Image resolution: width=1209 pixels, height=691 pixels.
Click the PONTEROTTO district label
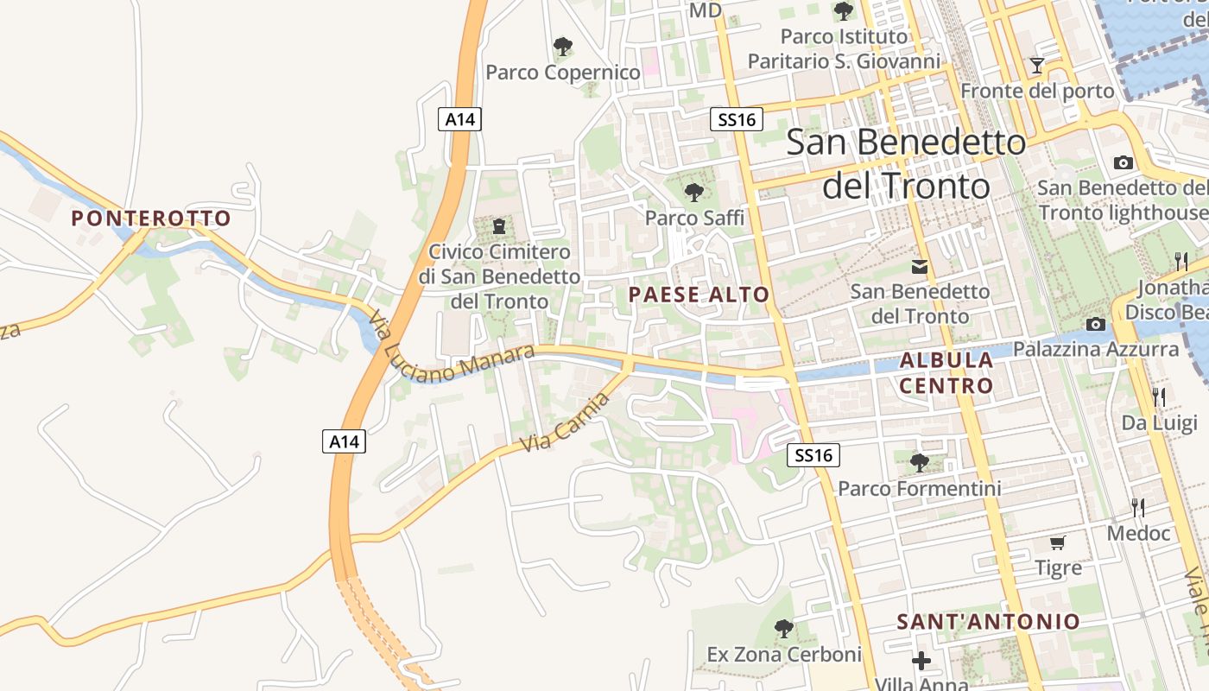click(151, 219)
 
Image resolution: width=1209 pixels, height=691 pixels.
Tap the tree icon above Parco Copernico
click(563, 45)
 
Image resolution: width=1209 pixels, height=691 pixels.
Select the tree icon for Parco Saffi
click(693, 192)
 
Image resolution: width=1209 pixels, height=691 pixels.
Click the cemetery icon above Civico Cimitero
click(498, 227)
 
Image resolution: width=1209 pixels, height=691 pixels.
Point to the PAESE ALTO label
click(699, 295)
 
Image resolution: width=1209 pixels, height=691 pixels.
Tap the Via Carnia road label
click(566, 422)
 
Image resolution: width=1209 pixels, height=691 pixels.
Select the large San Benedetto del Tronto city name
click(906, 164)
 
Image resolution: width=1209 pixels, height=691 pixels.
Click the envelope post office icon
click(920, 267)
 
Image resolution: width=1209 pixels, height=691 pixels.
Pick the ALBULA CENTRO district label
click(946, 372)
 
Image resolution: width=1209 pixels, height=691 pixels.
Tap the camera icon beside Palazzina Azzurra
click(1096, 324)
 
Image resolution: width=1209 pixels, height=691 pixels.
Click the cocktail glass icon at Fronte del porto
click(1037, 66)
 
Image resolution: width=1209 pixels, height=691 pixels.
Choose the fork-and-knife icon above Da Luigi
click(1159, 396)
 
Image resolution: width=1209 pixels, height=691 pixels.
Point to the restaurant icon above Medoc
click(1138, 507)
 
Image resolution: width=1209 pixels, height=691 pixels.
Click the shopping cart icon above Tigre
click(1058, 542)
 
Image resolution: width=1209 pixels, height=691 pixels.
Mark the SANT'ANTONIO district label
click(988, 622)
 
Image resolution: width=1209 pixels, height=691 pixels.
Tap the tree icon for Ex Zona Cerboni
click(784, 628)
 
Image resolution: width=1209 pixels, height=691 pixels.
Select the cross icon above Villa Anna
click(921, 661)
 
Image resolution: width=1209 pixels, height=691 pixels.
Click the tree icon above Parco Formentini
click(920, 462)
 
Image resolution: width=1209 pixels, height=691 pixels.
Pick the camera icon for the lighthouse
click(1124, 162)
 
